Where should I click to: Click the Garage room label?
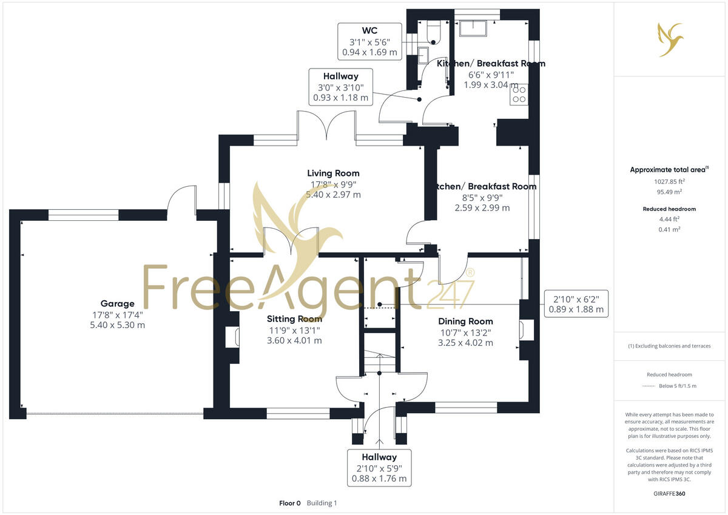point(118,303)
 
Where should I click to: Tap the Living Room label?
point(333,173)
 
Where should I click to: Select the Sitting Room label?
point(294,319)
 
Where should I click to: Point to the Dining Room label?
point(465,321)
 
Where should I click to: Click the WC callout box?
point(370,41)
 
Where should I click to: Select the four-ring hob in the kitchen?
point(520,94)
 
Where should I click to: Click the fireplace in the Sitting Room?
point(232,337)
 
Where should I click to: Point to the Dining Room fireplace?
point(525,331)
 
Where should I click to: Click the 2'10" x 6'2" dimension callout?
point(576,303)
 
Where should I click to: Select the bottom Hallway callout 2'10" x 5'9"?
point(379,468)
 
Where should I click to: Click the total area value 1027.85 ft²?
point(669,181)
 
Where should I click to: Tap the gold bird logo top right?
point(669,39)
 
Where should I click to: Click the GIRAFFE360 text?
point(669,494)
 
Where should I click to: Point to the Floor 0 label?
point(289,503)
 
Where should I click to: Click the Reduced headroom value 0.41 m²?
point(669,229)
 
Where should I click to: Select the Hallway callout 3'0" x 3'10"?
point(340,87)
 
